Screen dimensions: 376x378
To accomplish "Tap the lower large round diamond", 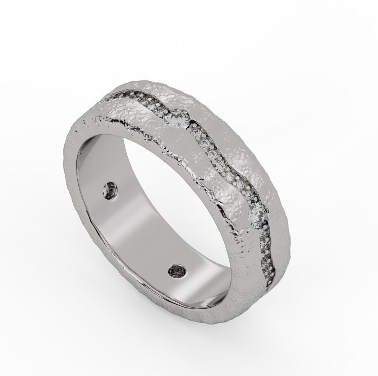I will click(x=257, y=216).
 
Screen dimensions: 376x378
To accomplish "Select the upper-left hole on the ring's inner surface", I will click(x=110, y=191).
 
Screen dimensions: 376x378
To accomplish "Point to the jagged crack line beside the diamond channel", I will click(x=182, y=162).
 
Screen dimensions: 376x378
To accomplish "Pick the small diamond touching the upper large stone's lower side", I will click(x=196, y=132).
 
